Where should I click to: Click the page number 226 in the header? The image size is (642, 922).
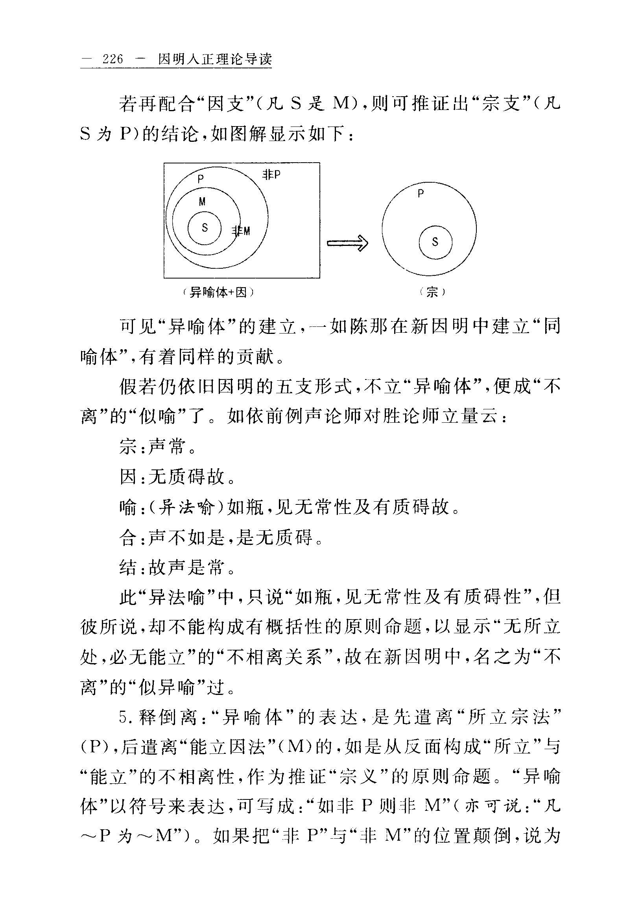113,59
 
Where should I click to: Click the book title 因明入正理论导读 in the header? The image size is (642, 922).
215,59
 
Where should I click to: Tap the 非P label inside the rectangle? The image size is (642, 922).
271,175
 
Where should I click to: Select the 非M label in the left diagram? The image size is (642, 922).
241,231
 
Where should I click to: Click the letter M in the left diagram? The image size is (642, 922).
202,202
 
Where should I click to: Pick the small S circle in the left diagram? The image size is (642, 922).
205,228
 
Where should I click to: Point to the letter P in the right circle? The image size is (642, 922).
421,194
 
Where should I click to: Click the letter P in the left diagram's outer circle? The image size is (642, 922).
201,179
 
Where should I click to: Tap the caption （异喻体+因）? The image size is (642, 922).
218,292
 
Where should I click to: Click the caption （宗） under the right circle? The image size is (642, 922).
432,292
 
